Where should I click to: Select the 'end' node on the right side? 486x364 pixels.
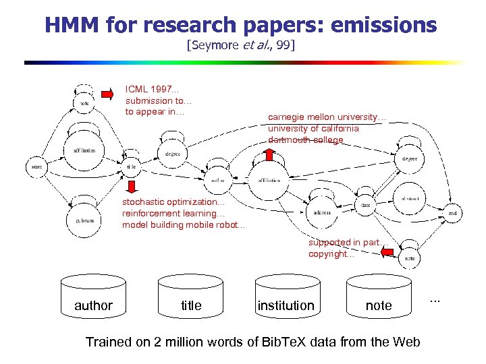point(452,213)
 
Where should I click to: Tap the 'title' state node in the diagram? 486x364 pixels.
point(132,166)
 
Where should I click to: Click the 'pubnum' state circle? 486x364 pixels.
point(83,220)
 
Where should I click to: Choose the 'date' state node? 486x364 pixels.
point(365,204)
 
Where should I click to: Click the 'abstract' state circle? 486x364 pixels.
point(410,198)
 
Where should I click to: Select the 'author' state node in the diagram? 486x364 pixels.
point(217,180)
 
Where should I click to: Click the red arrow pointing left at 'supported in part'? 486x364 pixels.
point(387,251)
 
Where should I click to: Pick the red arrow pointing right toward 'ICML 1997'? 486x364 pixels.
point(107,94)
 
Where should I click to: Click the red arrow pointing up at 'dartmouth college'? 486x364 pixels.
point(268,154)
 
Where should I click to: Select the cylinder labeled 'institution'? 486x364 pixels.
point(286,300)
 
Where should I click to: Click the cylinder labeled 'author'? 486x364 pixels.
point(93,300)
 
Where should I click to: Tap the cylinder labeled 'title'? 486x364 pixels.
point(191,300)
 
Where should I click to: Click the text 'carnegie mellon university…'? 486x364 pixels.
point(327,117)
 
